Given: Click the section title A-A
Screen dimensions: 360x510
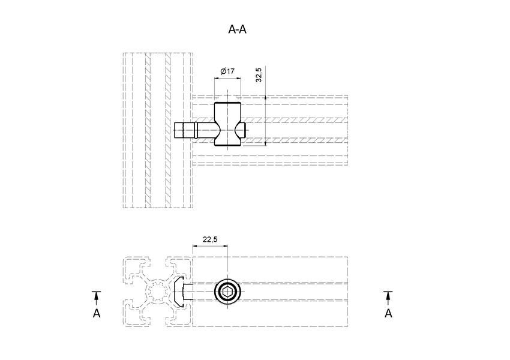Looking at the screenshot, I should (x=238, y=29).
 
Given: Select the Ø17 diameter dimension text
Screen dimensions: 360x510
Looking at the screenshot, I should (x=227, y=71).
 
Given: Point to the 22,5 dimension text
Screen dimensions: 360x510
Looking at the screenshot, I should (x=210, y=239).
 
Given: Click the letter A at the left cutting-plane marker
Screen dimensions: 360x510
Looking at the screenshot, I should (x=95, y=313).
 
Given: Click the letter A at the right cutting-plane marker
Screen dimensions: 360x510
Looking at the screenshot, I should (x=388, y=313).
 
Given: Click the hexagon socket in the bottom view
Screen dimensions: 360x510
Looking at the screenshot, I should (x=228, y=293).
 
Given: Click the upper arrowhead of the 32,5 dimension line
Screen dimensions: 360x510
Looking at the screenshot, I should (x=265, y=98).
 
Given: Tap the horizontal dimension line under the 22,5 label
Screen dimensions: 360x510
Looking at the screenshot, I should (x=210, y=245).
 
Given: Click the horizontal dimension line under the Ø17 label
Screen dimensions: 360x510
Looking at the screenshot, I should (x=227, y=78).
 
